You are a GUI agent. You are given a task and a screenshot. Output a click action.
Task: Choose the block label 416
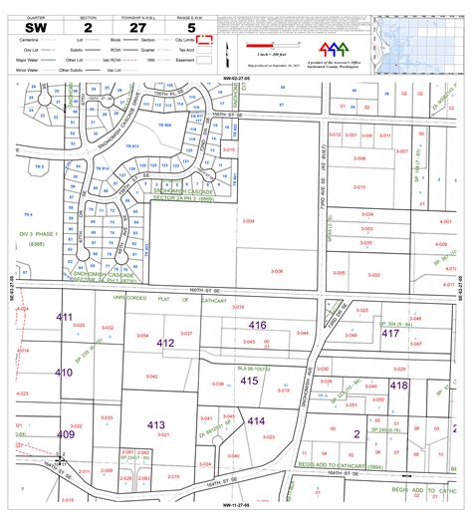pos(257,298)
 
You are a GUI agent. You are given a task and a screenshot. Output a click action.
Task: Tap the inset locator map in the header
pos(421,42)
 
